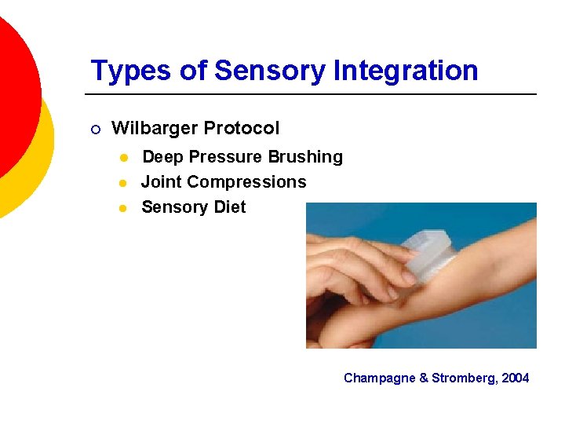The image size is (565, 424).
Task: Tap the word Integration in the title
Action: pos(406,71)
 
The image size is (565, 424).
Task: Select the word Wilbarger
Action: pos(151,128)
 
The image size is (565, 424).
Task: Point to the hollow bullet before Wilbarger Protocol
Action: pos(95,129)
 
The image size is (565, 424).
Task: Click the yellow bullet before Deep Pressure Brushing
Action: pos(123,157)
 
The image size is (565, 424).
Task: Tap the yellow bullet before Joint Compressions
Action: pos(123,182)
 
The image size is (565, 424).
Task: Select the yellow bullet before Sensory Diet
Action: pos(123,207)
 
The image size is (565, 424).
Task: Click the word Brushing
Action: pos(305,157)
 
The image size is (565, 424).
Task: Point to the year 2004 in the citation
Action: pos(516,378)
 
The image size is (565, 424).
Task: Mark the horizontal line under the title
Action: pos(314,94)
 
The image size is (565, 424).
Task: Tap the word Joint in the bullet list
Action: pos(162,182)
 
